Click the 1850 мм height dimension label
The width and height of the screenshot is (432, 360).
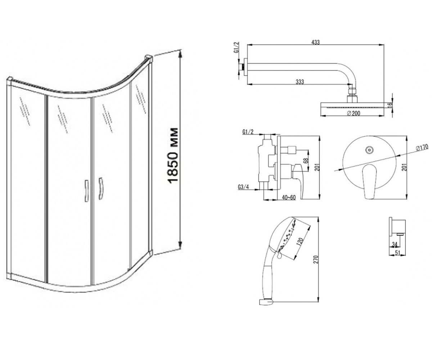click(x=172, y=156)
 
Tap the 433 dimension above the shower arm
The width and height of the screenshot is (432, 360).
click(x=315, y=42)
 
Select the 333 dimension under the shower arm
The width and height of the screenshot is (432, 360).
click(x=300, y=82)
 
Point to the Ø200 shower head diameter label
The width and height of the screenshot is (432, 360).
click(x=354, y=113)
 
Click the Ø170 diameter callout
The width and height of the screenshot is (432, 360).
click(x=422, y=148)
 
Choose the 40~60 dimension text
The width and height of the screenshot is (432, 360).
click(x=289, y=197)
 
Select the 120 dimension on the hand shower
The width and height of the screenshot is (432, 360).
click(x=300, y=242)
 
